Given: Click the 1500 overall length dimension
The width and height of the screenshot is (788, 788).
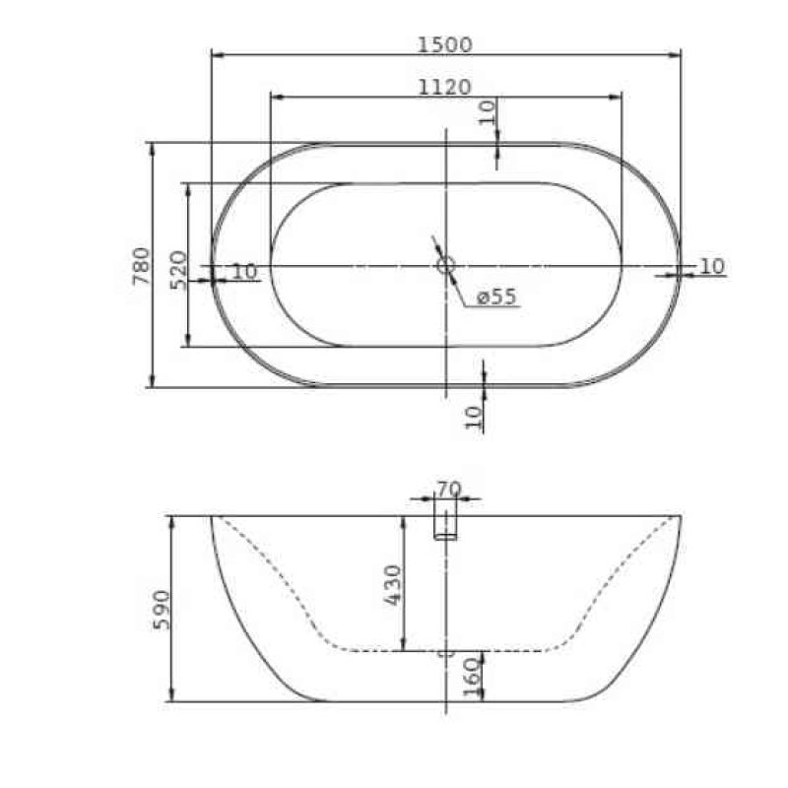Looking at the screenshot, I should pyautogui.click(x=445, y=43).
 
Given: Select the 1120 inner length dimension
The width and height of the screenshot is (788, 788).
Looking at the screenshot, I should pyautogui.click(x=444, y=87).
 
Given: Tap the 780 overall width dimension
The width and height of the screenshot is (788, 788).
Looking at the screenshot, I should pyautogui.click(x=140, y=266).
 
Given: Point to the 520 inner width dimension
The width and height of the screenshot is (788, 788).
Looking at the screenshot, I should pyautogui.click(x=177, y=269).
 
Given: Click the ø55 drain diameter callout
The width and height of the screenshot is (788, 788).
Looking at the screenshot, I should pyautogui.click(x=495, y=296).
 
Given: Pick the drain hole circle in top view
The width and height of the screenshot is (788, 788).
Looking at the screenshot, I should pyautogui.click(x=445, y=264).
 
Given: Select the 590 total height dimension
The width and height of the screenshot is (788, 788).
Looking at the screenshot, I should pyautogui.click(x=162, y=609).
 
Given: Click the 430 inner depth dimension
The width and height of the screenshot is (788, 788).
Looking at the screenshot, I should pyautogui.click(x=392, y=585).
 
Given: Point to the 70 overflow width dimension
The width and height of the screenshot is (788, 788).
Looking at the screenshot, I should pyautogui.click(x=448, y=487).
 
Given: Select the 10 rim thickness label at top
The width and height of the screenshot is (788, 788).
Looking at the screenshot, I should pyautogui.click(x=487, y=111).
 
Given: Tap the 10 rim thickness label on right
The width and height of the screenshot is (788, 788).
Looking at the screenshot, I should pyautogui.click(x=712, y=266).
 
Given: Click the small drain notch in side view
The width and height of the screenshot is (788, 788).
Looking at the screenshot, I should pyautogui.click(x=445, y=652).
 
